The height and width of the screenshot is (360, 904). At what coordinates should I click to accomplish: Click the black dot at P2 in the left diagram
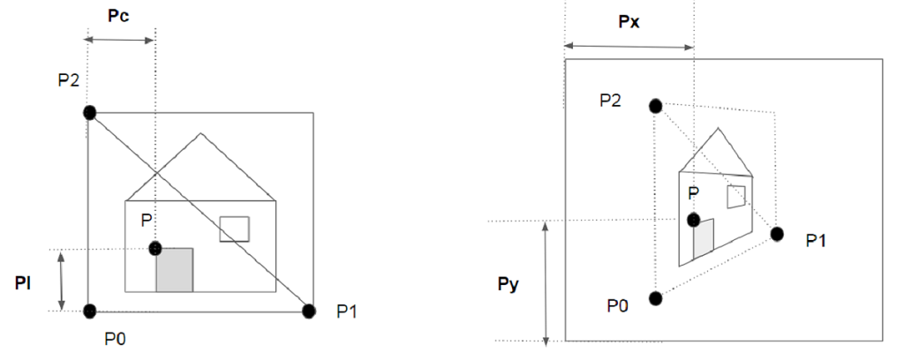point(89,112)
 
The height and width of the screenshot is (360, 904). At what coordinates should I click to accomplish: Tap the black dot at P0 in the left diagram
point(89,311)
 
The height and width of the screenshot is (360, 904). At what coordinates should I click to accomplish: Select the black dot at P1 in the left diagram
point(309,311)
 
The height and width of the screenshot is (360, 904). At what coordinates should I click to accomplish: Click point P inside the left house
point(155,249)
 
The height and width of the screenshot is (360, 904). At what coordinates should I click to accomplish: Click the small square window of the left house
point(234,229)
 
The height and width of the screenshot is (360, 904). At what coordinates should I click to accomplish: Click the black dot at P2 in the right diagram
point(655,106)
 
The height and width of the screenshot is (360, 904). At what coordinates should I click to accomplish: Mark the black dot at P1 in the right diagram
point(777,234)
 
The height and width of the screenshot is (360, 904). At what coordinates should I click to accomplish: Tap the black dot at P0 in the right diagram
point(655,298)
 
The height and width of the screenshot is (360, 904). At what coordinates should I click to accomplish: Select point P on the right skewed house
point(694,219)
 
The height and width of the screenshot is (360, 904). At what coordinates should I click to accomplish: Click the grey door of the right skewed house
point(704,239)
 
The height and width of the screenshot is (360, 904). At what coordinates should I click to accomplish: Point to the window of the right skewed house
point(736,196)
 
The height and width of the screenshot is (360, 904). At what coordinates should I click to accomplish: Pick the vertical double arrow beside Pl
point(61,281)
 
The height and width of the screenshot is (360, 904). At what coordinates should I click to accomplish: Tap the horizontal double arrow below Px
point(629,46)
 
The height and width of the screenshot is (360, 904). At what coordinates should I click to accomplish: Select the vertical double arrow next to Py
point(546,283)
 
